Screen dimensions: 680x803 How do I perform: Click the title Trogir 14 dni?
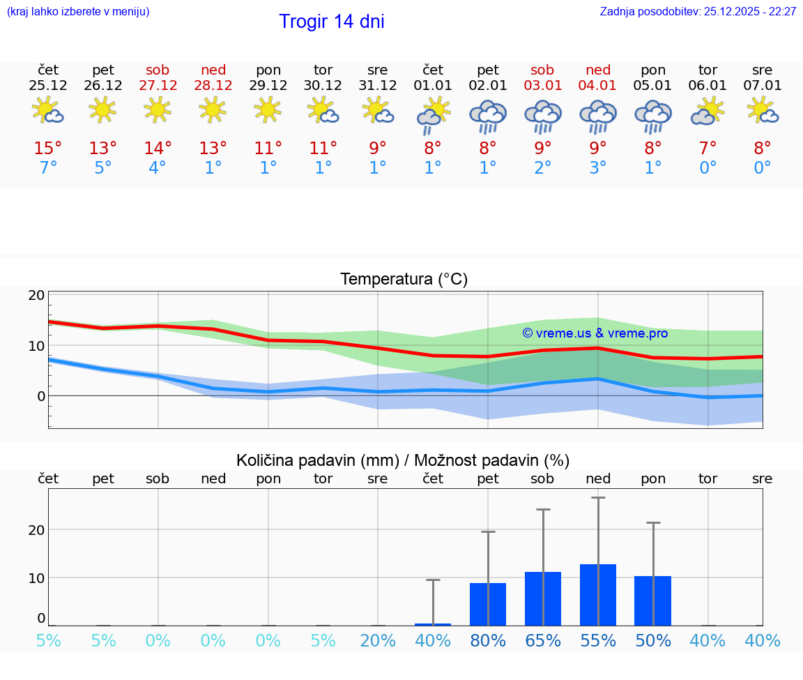[331, 22]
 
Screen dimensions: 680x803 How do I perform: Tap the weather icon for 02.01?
[488, 116]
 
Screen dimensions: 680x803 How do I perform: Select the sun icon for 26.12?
[103, 110]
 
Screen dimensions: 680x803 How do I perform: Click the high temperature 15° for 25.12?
[48, 149]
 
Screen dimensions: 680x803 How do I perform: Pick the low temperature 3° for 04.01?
[598, 167]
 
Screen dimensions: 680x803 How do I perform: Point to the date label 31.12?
[378, 86]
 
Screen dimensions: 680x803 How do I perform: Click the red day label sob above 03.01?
[542, 70]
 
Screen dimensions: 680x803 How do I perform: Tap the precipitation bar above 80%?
[488, 604]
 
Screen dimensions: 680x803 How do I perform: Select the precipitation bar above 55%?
[598, 594]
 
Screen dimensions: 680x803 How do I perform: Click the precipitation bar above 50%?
[653, 600]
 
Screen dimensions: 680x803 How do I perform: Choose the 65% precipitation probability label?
[543, 641]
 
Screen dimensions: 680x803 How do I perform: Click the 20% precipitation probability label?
[378, 641]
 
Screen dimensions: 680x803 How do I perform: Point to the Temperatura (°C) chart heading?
[404, 280]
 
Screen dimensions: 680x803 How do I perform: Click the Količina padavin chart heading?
[402, 460]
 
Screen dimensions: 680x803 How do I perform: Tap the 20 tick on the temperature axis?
[36, 295]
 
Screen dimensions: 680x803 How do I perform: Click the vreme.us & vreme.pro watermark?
[595, 333]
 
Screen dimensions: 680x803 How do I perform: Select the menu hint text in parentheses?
[77, 12]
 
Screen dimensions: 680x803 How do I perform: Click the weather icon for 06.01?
[708, 112]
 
